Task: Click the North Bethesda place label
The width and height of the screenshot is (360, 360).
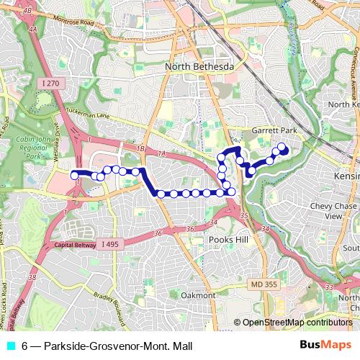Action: [x=200, y=67]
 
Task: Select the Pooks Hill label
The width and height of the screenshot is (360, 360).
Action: [x=228, y=239]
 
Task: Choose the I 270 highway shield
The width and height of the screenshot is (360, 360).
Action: [x=51, y=84]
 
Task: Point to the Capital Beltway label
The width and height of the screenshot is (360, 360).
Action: [x=75, y=246]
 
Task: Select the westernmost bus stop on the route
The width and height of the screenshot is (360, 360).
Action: [x=74, y=174]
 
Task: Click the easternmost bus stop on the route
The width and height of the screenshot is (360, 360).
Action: [x=282, y=129]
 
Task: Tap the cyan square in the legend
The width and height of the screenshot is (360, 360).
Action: [x=10, y=346]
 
